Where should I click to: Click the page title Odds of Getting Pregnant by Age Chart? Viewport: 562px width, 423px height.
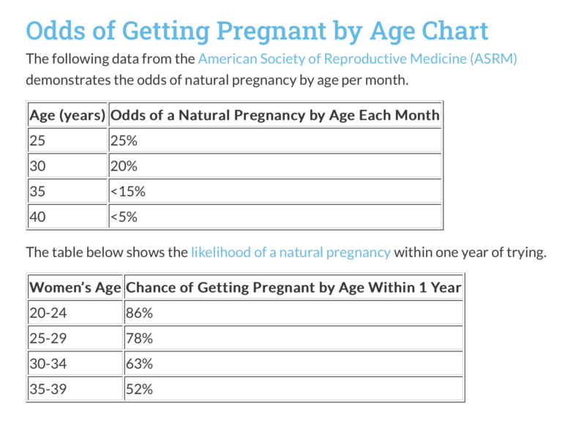pyautogui.click(x=257, y=31)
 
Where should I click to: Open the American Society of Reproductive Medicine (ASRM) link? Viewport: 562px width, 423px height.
pyautogui.click(x=357, y=59)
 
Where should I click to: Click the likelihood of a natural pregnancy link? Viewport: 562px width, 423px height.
pyautogui.click(x=291, y=252)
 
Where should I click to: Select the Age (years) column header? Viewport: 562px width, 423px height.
pyautogui.click(x=67, y=115)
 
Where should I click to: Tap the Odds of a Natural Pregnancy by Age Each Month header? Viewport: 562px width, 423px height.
pyautogui.click(x=274, y=115)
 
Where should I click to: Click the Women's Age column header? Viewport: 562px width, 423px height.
pyautogui.click(x=75, y=288)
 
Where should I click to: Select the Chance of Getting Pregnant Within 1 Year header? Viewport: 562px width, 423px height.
pyautogui.click(x=293, y=288)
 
